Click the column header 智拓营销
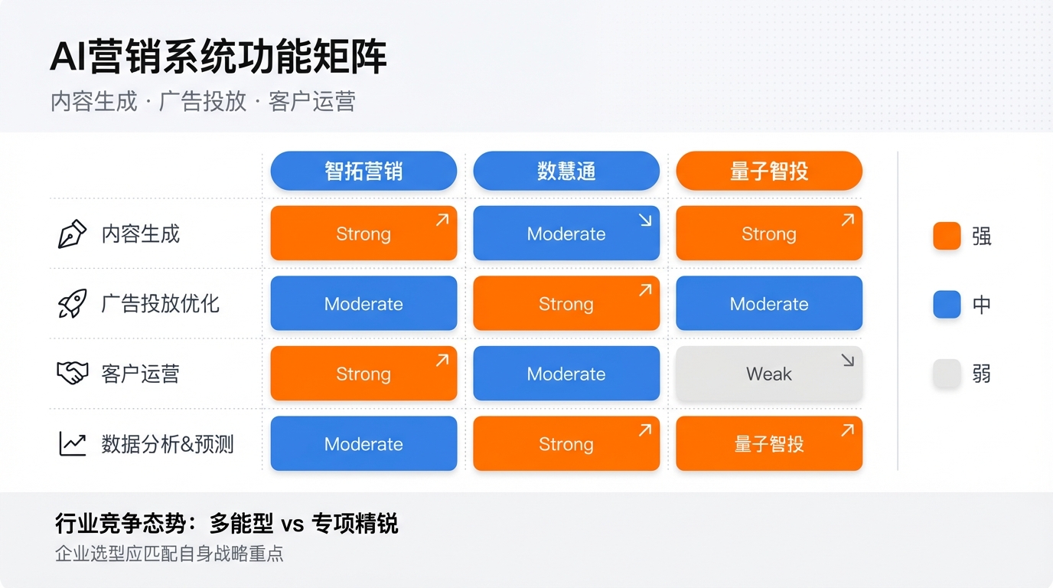(x=363, y=171)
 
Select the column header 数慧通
(x=566, y=171)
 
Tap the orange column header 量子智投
(x=769, y=171)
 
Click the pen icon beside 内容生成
(x=73, y=234)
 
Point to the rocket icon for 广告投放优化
(x=73, y=304)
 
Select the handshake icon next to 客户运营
(x=73, y=374)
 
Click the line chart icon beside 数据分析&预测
(x=73, y=444)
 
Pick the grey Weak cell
(x=769, y=374)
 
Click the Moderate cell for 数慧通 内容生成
(x=566, y=234)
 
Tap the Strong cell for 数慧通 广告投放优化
(x=566, y=304)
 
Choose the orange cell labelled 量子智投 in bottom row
(x=769, y=444)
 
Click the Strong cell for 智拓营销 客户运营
(x=363, y=374)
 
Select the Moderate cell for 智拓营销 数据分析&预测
(x=363, y=444)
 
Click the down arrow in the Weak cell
(x=847, y=361)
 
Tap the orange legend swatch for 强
(x=947, y=236)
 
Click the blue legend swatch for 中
(x=947, y=305)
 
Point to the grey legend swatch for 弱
(x=947, y=374)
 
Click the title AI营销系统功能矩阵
(x=218, y=58)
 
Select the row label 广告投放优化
(x=161, y=304)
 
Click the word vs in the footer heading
(x=292, y=524)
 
